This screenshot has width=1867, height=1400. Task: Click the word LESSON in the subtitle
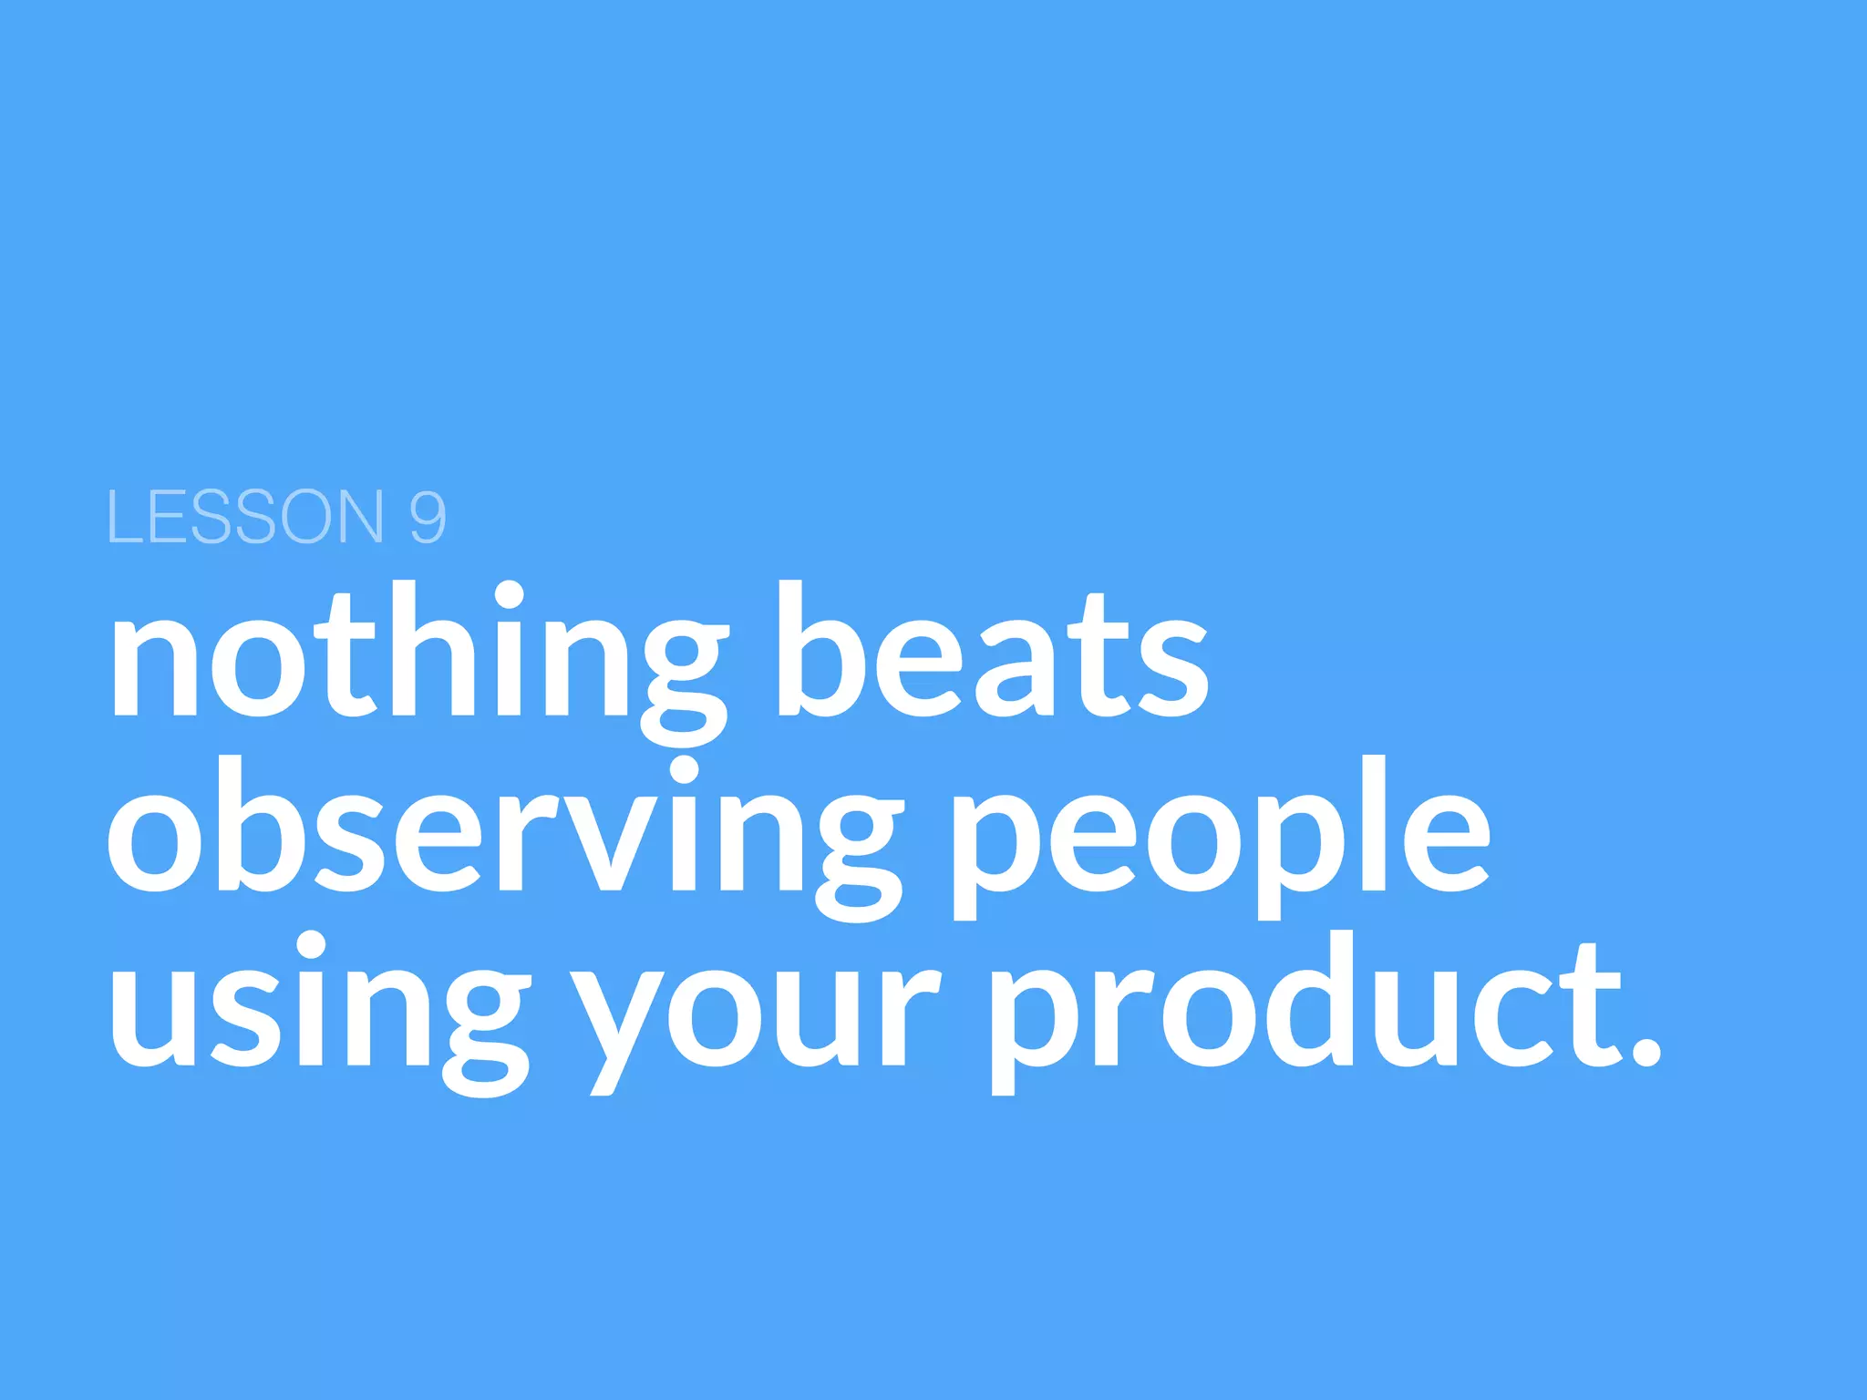tap(245, 517)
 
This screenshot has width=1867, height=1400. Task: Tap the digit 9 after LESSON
tap(428, 517)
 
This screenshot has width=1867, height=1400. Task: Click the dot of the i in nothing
tap(508, 596)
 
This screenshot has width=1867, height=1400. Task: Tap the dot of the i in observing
tap(683, 770)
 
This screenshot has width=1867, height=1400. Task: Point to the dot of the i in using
tap(310, 945)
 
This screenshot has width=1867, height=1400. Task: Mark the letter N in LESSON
tap(352, 517)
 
